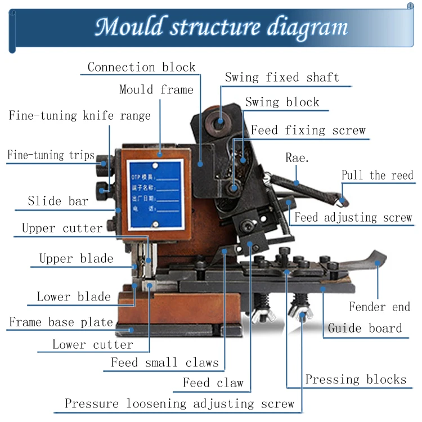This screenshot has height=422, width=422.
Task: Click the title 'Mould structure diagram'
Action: (x=221, y=26)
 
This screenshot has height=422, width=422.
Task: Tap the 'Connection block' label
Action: (x=141, y=68)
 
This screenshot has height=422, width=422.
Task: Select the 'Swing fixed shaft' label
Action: (x=282, y=78)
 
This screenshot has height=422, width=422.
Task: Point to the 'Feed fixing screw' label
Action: (x=308, y=131)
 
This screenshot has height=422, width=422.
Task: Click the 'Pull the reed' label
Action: (x=377, y=175)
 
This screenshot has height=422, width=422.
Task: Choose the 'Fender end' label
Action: (x=379, y=307)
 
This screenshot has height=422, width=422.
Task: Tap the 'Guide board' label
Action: (x=365, y=328)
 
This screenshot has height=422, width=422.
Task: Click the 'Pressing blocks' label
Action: (x=356, y=379)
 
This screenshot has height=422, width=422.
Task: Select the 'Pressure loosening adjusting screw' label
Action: (x=179, y=403)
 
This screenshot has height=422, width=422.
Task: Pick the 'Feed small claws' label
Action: (x=164, y=363)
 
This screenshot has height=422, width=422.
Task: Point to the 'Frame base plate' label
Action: (x=61, y=322)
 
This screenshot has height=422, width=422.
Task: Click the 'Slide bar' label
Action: (x=58, y=201)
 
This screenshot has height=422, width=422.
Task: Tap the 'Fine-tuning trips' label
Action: (x=51, y=155)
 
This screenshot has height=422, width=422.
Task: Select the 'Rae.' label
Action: (x=297, y=158)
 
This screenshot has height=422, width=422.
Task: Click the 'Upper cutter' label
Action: (x=62, y=228)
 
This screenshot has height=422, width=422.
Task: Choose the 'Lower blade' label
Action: (x=74, y=297)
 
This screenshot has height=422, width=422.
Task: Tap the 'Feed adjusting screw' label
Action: (x=353, y=217)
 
